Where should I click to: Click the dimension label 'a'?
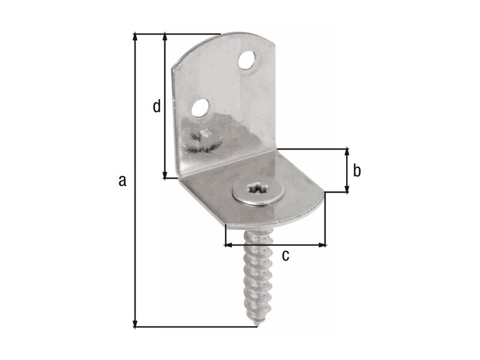coord(122,181)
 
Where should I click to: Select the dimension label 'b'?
coord(356,170)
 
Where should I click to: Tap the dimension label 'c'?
coord(286,256)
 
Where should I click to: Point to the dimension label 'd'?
coord(157,106)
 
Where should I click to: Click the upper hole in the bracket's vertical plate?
coord(247,60)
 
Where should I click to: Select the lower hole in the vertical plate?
coord(200,108)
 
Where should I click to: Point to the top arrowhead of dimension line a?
coord(134,37)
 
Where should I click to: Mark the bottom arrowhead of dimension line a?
coord(134,323)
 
